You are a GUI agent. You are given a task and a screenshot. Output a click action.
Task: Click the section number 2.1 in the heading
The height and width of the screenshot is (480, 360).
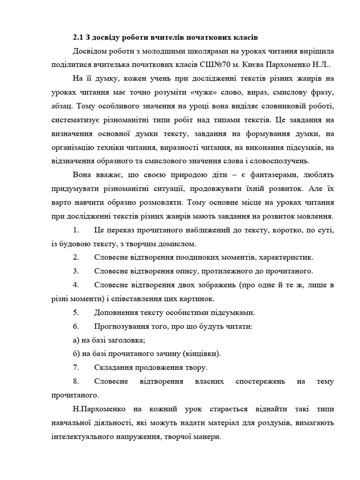78,37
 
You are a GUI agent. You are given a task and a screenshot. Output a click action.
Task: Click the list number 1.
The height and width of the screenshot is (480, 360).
76,230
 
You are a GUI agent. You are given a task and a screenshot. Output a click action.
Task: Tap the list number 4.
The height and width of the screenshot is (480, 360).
76,285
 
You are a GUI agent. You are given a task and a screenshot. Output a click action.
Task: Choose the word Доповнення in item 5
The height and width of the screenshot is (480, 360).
116,313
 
